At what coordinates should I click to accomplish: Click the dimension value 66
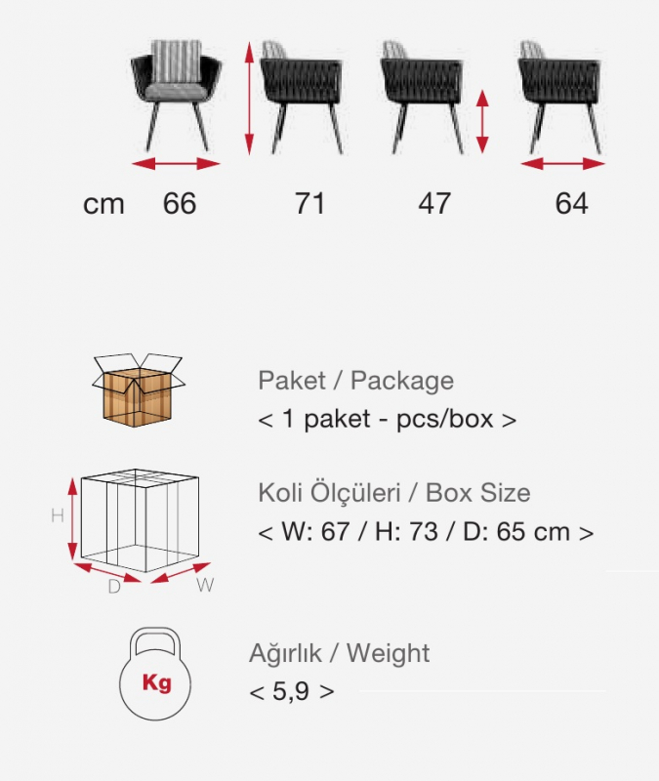[180, 203]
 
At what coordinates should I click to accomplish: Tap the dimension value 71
[309, 203]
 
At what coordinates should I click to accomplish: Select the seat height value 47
[434, 203]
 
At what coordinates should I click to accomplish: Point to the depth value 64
[571, 203]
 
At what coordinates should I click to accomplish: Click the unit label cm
[103, 204]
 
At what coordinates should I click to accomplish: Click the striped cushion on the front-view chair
[177, 62]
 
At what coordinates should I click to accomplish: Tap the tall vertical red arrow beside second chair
[250, 99]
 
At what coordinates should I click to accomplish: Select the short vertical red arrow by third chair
[481, 121]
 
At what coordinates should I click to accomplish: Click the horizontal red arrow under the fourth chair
[563, 163]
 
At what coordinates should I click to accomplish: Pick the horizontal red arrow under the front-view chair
[176, 163]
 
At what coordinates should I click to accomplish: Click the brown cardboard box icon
[138, 390]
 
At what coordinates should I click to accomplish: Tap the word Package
[402, 381]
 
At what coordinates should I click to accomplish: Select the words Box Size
[477, 493]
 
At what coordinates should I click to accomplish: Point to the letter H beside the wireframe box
[58, 515]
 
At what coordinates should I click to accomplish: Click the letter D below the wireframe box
[114, 587]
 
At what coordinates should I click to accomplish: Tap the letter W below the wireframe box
[205, 585]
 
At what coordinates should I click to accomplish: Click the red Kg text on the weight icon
[157, 682]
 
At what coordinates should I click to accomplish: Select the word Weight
[388, 653]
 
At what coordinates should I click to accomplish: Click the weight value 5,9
[290, 691]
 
